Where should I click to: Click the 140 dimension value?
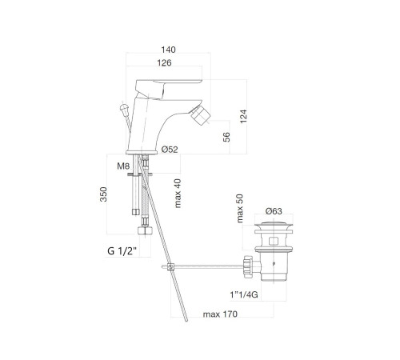click(168, 50)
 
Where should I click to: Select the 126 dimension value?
click(164, 63)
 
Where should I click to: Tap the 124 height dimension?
click(243, 116)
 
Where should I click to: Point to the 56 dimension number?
click(226, 137)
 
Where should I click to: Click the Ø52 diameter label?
click(170, 150)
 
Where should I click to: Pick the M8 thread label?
click(123, 166)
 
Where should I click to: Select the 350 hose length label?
click(103, 194)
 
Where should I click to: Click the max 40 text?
click(178, 194)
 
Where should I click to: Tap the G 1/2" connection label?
click(122, 251)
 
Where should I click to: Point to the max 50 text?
click(240, 209)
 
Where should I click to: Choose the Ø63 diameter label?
click(274, 211)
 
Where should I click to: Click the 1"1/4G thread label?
click(244, 294)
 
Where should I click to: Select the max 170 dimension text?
click(220, 314)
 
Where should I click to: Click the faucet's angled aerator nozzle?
click(202, 114)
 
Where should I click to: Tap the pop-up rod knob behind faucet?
click(124, 108)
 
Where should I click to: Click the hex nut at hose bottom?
click(145, 230)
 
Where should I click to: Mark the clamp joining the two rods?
click(170, 266)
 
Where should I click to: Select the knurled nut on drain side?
click(248, 266)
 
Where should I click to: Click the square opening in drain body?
click(274, 241)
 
